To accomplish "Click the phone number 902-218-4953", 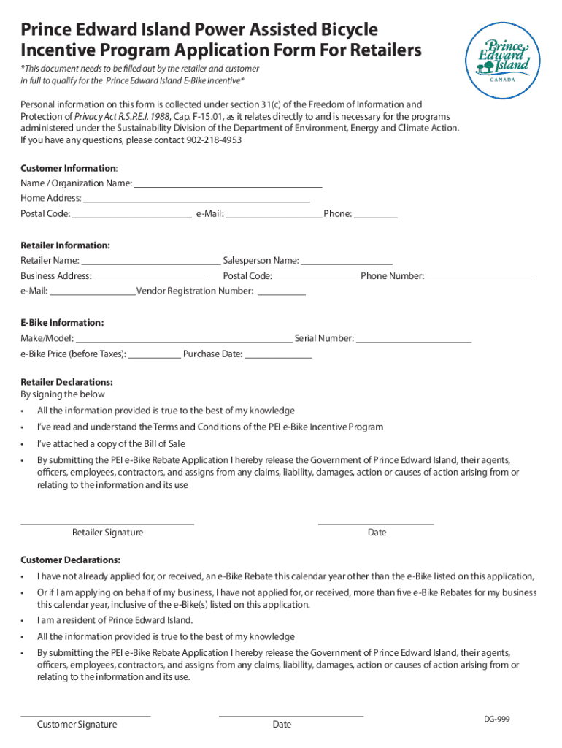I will click(x=215, y=140).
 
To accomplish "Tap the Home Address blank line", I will click(x=196, y=199).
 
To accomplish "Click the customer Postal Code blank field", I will click(x=131, y=215).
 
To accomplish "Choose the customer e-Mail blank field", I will click(x=274, y=215).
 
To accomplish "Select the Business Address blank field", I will click(x=152, y=277).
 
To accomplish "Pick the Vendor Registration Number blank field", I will click(x=282, y=292).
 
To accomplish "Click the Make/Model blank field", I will click(x=183, y=339).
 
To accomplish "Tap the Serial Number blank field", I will click(x=414, y=339).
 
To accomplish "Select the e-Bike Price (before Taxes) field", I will click(x=155, y=355).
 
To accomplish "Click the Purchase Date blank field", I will click(x=278, y=355).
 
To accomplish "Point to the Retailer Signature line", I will click(x=107, y=522).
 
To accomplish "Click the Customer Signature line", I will click(x=85, y=714).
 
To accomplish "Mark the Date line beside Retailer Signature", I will click(x=376, y=522).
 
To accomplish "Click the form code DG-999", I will click(x=496, y=720).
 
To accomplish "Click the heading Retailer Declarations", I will click(x=66, y=382).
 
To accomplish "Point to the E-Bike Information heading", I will click(x=62, y=323).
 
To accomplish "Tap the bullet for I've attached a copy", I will click(x=23, y=444).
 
